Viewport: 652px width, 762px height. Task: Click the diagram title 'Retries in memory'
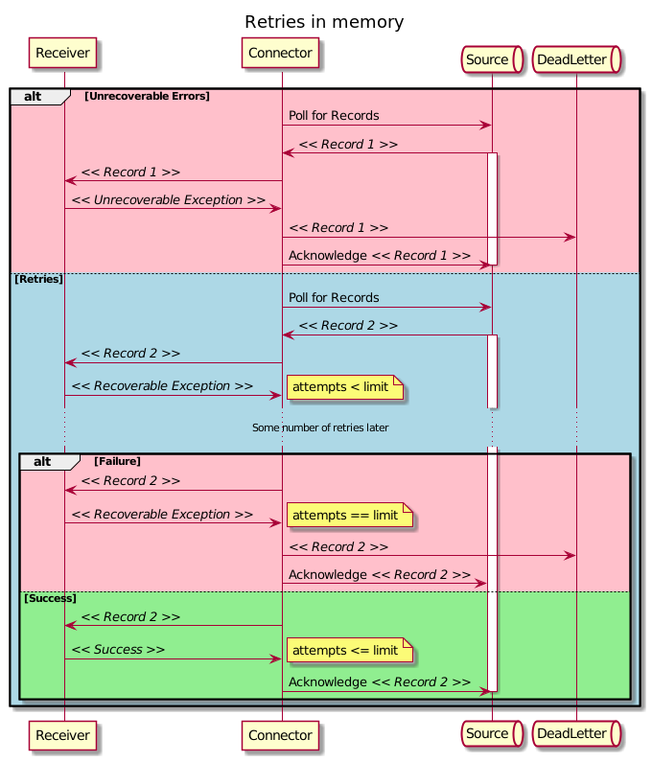point(324,22)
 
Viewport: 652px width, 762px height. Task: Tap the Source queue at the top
point(491,59)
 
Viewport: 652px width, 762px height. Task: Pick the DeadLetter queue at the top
point(575,59)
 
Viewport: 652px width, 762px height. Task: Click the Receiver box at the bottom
point(64,734)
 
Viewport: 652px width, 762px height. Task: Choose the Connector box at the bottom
point(282,734)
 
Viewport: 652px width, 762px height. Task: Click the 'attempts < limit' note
point(344,387)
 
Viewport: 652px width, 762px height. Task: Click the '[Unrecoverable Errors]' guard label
point(147,96)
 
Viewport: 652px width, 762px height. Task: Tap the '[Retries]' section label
point(38,279)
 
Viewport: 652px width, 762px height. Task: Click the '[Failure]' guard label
point(117,461)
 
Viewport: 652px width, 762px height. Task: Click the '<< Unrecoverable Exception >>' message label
point(169,200)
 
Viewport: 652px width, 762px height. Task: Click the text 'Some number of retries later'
point(320,427)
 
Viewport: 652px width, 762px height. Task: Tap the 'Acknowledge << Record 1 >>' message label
point(380,256)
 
